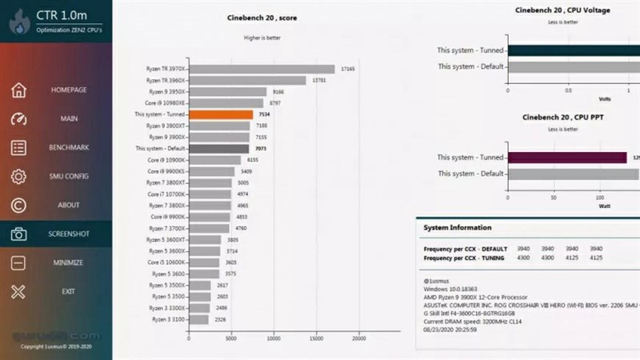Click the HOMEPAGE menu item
click(x=68, y=90)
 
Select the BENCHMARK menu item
click(x=68, y=148)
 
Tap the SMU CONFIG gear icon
click(x=19, y=177)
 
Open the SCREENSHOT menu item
click(x=68, y=234)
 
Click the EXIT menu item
click(x=68, y=291)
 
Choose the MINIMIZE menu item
click(x=68, y=262)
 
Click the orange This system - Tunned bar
click(x=221, y=114)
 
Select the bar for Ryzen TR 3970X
click(x=262, y=69)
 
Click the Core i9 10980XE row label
click(x=166, y=103)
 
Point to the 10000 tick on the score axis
click(x=274, y=337)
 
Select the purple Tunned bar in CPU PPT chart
click(x=567, y=158)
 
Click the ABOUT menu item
click(x=68, y=206)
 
